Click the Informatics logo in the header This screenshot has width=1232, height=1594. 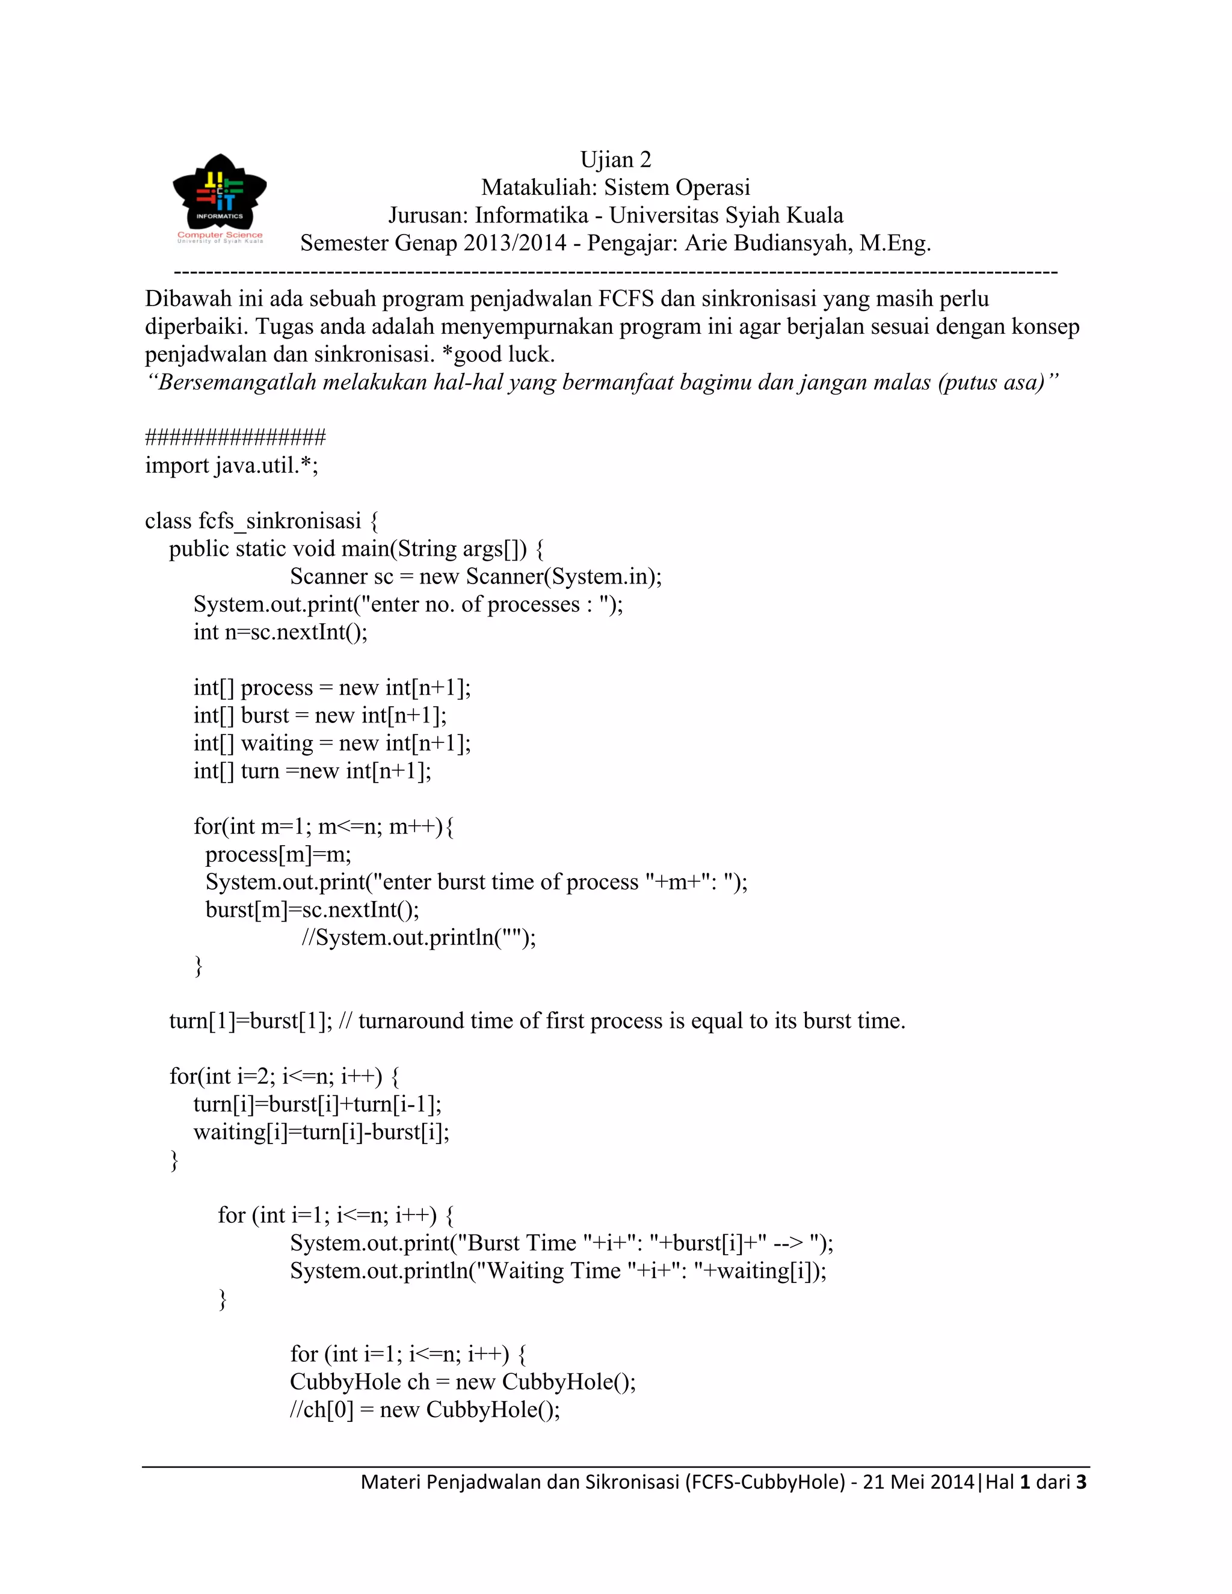click(x=219, y=198)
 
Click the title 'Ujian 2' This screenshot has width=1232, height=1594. click(x=615, y=159)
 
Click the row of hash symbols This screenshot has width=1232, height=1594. click(x=235, y=437)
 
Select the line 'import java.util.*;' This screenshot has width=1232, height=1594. click(x=232, y=466)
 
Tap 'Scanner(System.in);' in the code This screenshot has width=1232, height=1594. click(x=564, y=577)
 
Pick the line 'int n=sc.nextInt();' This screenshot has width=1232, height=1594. click(x=280, y=632)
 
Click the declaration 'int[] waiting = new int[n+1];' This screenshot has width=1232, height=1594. click(x=332, y=743)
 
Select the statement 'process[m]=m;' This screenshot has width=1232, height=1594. click(x=278, y=854)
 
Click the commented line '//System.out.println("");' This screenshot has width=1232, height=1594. click(x=419, y=937)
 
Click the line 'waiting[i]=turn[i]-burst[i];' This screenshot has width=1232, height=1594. click(x=321, y=1132)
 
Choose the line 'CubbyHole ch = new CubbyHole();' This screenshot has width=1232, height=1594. click(x=463, y=1382)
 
